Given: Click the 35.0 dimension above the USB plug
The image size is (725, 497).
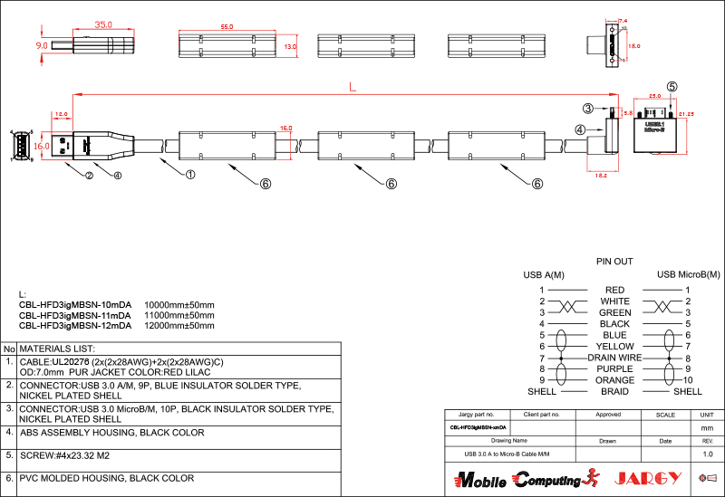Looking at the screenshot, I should pos(103,25).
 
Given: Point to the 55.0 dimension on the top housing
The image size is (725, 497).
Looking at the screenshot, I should pos(227,27).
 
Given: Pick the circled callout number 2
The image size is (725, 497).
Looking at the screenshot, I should pos(89,176).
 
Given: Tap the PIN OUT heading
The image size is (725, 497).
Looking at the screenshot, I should pos(614,261).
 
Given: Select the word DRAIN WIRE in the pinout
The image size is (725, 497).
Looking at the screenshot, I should pos(614,358).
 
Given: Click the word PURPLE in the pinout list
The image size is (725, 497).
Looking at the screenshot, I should pos(614,369).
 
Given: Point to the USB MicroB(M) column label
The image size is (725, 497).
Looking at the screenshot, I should pos(688,274).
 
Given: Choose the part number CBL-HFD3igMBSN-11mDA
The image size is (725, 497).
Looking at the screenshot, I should pos(75,315).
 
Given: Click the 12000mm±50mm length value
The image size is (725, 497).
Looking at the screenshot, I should pos(179,325).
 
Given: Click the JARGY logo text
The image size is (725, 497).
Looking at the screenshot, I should pos(648,478).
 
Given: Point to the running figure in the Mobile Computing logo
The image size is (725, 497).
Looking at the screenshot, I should pos(594,478).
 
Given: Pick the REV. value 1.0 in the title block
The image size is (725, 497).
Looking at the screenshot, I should pos(708,453).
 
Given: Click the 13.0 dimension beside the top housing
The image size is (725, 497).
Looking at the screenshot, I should pos(290,45).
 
